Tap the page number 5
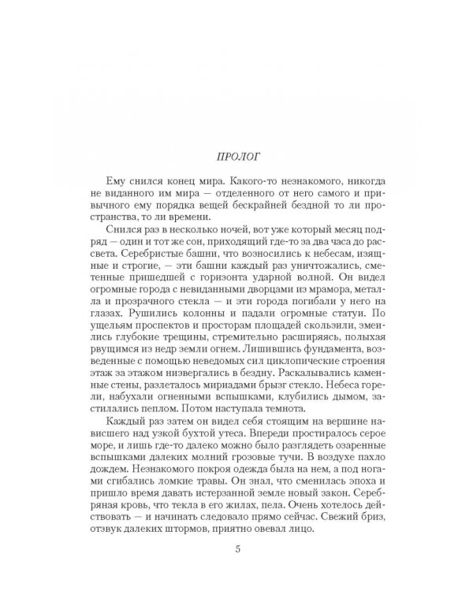(236, 571)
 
